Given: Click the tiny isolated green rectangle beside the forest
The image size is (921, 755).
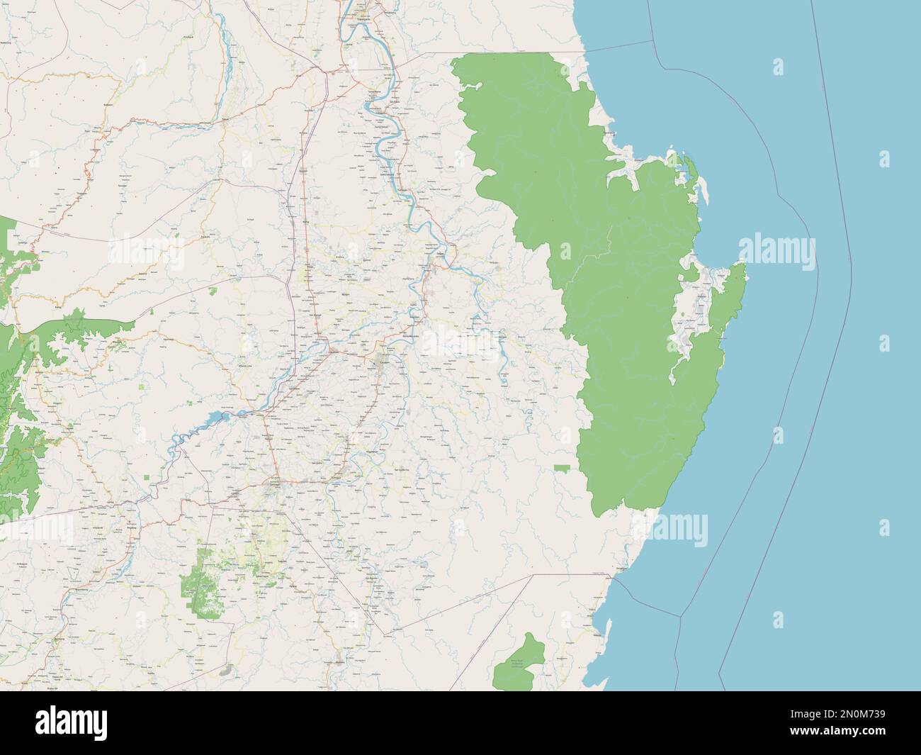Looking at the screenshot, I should click(x=562, y=467).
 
